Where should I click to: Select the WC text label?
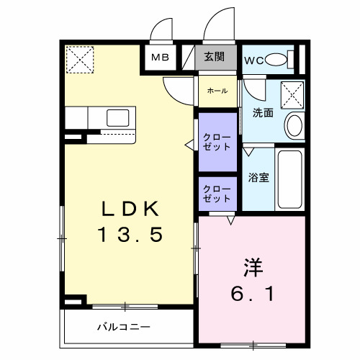coord(253,59)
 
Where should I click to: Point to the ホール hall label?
coord(217,91)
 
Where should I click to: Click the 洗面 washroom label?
coord(262,113)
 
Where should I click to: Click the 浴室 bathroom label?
coord(259,178)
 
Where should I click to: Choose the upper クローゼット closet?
coord(217,141)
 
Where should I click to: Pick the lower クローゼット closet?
coord(217,194)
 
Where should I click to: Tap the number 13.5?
coord(130,235)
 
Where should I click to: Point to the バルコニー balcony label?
coord(123,327)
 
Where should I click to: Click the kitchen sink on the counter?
coord(115,117)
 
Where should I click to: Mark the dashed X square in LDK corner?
coord(80,59)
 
